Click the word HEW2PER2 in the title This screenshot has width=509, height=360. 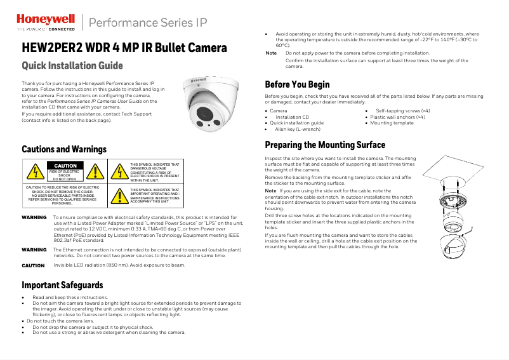(x=48, y=48)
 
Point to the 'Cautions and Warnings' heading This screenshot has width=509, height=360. (x=64, y=149)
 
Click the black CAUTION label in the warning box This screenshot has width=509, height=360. (x=64, y=166)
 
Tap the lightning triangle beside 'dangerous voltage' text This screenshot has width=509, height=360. (x=119, y=171)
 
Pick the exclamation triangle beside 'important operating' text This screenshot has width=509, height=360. (x=119, y=196)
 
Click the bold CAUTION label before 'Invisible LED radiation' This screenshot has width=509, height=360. (x=33, y=265)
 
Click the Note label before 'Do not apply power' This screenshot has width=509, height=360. (x=270, y=53)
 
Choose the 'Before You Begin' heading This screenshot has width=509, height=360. (x=297, y=84)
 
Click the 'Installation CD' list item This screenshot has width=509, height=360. (x=292, y=117)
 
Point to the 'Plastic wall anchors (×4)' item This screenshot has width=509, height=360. (x=398, y=117)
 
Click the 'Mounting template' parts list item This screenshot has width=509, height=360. (x=392, y=123)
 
